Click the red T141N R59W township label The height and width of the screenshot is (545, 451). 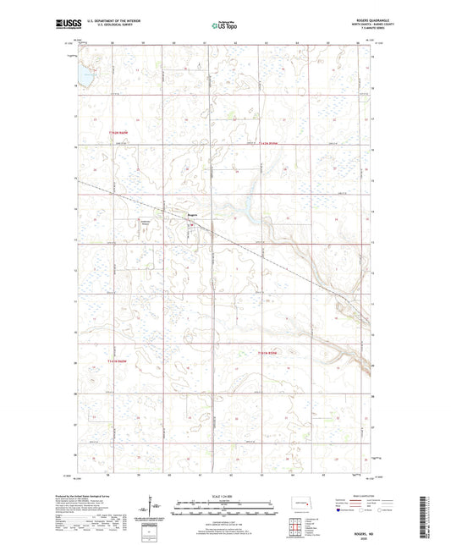tap(268, 352)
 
